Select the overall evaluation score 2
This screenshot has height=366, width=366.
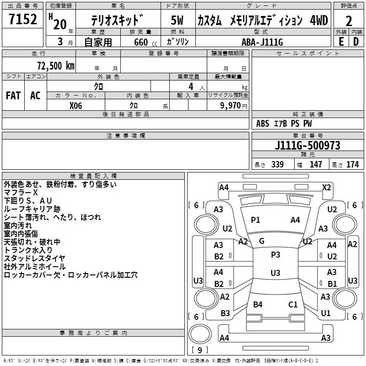click(349, 21)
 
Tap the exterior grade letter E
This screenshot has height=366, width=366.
click(341, 41)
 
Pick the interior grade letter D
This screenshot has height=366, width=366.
click(356, 41)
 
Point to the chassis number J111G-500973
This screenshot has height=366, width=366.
click(307, 145)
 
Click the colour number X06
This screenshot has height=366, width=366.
click(76, 105)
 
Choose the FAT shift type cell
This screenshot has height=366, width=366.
click(13, 96)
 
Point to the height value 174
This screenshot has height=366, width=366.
click(352, 165)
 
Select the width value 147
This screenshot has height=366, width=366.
click(316, 165)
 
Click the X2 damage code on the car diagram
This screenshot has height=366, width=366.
click(326, 187)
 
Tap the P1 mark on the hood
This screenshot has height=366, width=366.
click(255, 220)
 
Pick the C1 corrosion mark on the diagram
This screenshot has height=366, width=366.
click(293, 304)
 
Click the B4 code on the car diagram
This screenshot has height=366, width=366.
click(258, 304)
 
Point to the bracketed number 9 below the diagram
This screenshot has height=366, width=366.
click(199, 350)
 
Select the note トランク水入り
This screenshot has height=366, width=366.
click(28, 250)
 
